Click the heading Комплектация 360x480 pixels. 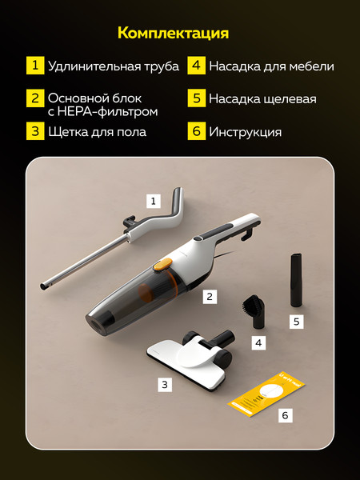pyautogui.click(x=173, y=33)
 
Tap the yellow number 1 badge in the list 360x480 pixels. pyautogui.click(x=34, y=66)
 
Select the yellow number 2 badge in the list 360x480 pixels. pyautogui.click(x=34, y=99)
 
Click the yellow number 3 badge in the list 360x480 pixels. pyautogui.click(x=34, y=131)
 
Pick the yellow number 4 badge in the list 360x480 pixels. pyautogui.click(x=196, y=66)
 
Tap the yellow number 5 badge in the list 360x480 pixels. pyautogui.click(x=196, y=99)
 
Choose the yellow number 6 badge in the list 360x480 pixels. pyautogui.click(x=196, y=131)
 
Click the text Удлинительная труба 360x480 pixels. pyautogui.click(x=113, y=66)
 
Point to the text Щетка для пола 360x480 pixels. pyautogui.click(x=97, y=131)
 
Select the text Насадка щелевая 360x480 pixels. pyautogui.click(x=262, y=99)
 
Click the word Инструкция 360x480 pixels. pyautogui.click(x=245, y=131)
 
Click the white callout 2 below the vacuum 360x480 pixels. pyautogui.click(x=210, y=296)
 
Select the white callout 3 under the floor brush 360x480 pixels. pyautogui.click(x=165, y=384)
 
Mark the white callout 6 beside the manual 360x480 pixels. pyautogui.click(x=286, y=416)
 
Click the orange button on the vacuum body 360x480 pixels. pyautogui.click(x=164, y=262)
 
